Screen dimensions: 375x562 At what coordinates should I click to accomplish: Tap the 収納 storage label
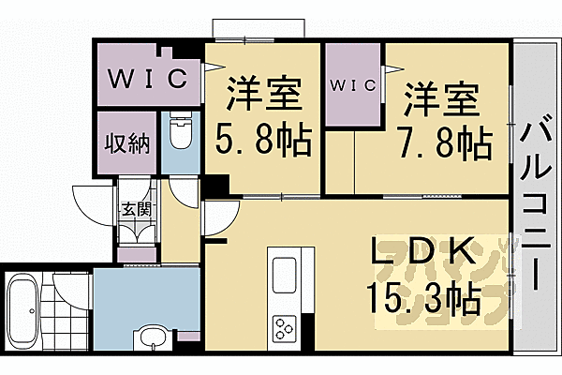126,143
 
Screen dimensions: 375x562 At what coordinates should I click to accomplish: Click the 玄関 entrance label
131,210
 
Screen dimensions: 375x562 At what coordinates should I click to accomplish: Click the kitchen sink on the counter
284,277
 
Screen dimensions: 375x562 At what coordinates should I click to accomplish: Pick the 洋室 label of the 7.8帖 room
441,97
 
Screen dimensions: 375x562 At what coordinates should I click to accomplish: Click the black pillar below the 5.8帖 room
217,187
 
